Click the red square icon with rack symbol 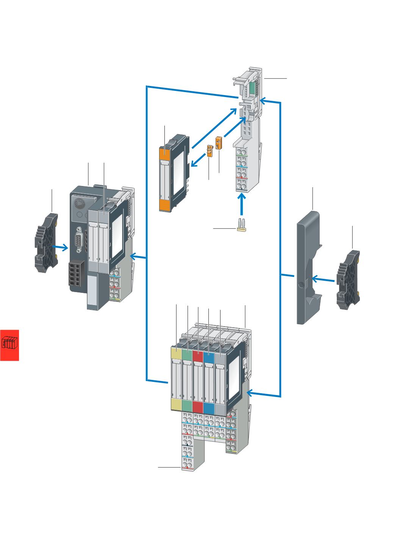point(9,345)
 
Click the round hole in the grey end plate point(301,285)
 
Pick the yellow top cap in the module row point(177,354)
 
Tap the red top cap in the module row point(198,356)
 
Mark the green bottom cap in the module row point(187,405)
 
